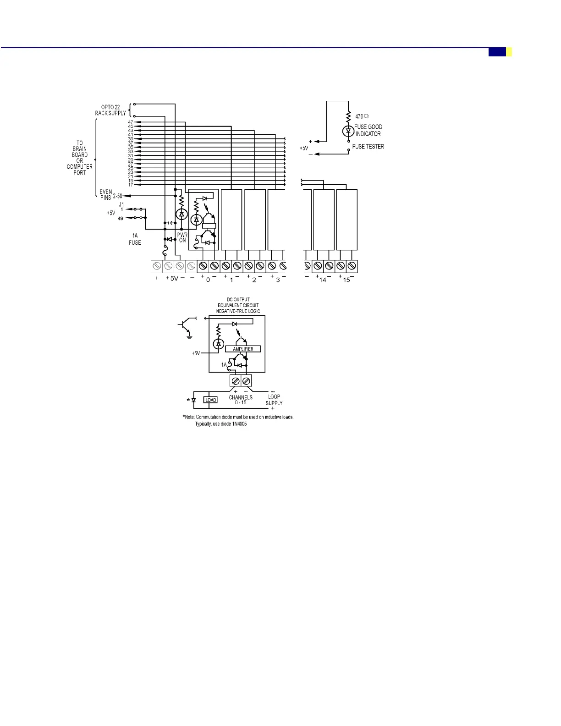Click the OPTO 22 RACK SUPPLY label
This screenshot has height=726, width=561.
click(110, 110)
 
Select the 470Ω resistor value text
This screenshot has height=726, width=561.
click(362, 116)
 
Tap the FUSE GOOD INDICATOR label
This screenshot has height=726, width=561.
click(368, 130)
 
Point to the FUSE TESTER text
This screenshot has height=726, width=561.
click(368, 147)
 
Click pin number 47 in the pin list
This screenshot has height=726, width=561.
click(131, 122)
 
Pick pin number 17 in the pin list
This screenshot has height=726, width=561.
click(131, 185)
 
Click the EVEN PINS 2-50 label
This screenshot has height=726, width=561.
click(110, 195)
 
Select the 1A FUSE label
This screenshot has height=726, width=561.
click(135, 239)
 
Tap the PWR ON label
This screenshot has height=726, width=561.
click(182, 237)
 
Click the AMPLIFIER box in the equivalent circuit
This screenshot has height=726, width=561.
click(243, 349)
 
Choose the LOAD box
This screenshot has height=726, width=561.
click(210, 400)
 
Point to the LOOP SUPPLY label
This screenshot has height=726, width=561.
click(274, 400)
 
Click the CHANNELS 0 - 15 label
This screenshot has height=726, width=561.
click(241, 400)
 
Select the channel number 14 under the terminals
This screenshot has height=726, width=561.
click(323, 280)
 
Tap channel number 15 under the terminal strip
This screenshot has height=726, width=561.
click(346, 280)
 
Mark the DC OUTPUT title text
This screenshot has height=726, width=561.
click(238, 300)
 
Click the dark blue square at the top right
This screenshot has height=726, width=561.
click(497, 52)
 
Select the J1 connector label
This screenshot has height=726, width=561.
click(121, 204)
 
